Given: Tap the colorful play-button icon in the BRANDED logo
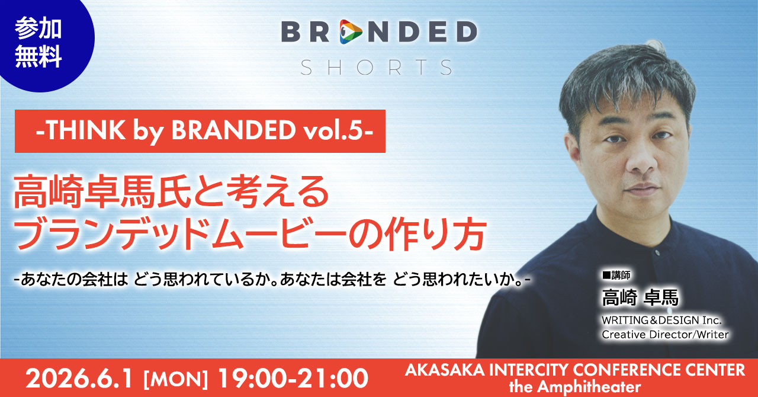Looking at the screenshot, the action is [x=351, y=32].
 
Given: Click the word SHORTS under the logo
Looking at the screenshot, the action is [x=376, y=68].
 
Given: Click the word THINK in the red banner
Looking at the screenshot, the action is [x=85, y=130].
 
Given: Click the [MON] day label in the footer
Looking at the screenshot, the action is [x=176, y=379].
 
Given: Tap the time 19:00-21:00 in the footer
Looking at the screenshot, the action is [x=293, y=379].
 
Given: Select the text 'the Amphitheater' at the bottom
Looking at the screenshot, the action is [x=574, y=387].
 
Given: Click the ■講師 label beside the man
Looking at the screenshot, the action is [x=616, y=275].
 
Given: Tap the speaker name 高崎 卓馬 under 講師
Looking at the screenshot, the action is [x=640, y=297].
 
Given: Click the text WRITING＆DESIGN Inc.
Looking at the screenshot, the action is [x=661, y=320].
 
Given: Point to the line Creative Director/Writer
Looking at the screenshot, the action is [x=665, y=335].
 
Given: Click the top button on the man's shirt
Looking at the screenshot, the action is [x=657, y=252].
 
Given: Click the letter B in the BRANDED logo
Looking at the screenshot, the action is [x=291, y=32].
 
